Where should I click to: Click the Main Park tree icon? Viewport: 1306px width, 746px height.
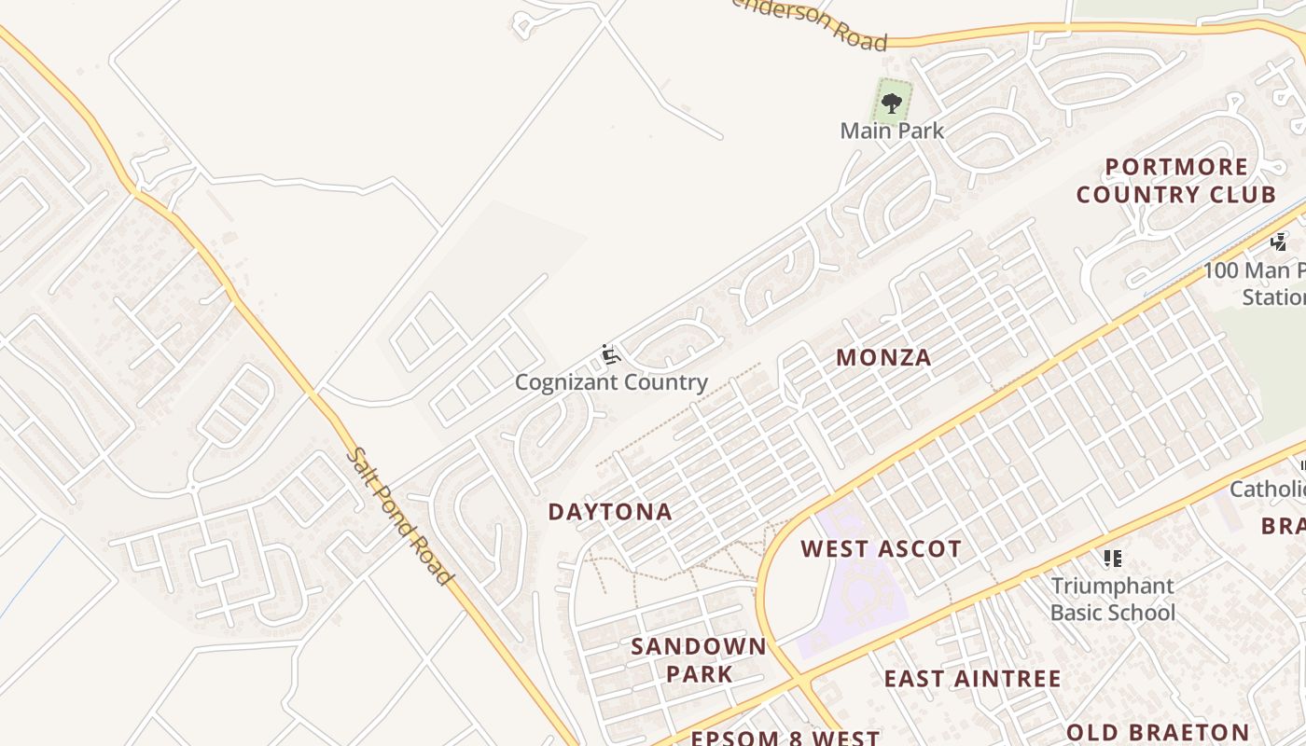point(892,103)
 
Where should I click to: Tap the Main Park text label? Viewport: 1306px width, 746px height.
point(892,131)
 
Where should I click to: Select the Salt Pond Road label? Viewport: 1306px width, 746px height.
point(398,516)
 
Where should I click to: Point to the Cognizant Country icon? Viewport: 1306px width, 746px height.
point(609,354)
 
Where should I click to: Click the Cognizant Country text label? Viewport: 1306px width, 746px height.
point(611,382)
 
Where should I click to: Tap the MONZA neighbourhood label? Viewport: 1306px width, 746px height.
point(883,357)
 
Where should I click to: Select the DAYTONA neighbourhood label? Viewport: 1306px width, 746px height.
point(610,512)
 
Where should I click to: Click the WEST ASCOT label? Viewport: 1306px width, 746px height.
point(881,549)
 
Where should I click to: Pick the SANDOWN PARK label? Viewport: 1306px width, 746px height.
point(699,659)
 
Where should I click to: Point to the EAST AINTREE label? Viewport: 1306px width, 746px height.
point(972,679)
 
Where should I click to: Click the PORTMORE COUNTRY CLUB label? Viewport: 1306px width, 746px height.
point(1175,181)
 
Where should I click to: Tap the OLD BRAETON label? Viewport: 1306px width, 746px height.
point(1157,732)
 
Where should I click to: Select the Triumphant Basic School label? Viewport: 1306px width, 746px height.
point(1113,599)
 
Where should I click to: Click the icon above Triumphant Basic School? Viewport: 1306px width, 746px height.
point(1112,559)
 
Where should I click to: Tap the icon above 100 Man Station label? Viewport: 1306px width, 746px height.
point(1278,242)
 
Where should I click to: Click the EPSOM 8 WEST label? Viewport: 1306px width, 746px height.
point(785,738)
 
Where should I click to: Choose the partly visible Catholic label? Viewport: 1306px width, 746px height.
point(1267,490)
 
